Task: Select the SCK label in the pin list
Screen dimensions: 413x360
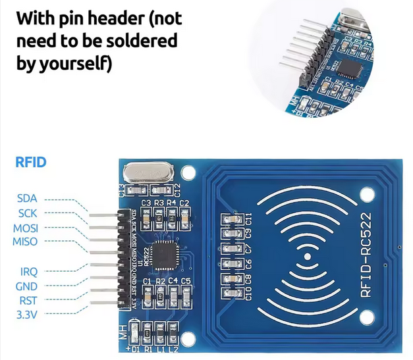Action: [28, 213]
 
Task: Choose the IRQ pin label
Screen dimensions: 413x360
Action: [26, 271]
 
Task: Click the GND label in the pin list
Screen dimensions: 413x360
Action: [27, 286]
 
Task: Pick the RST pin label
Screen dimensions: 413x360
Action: [26, 301]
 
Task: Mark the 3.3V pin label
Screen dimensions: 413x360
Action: [27, 315]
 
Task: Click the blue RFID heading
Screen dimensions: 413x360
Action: [30, 162]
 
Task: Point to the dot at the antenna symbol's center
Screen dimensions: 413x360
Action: [308, 255]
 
